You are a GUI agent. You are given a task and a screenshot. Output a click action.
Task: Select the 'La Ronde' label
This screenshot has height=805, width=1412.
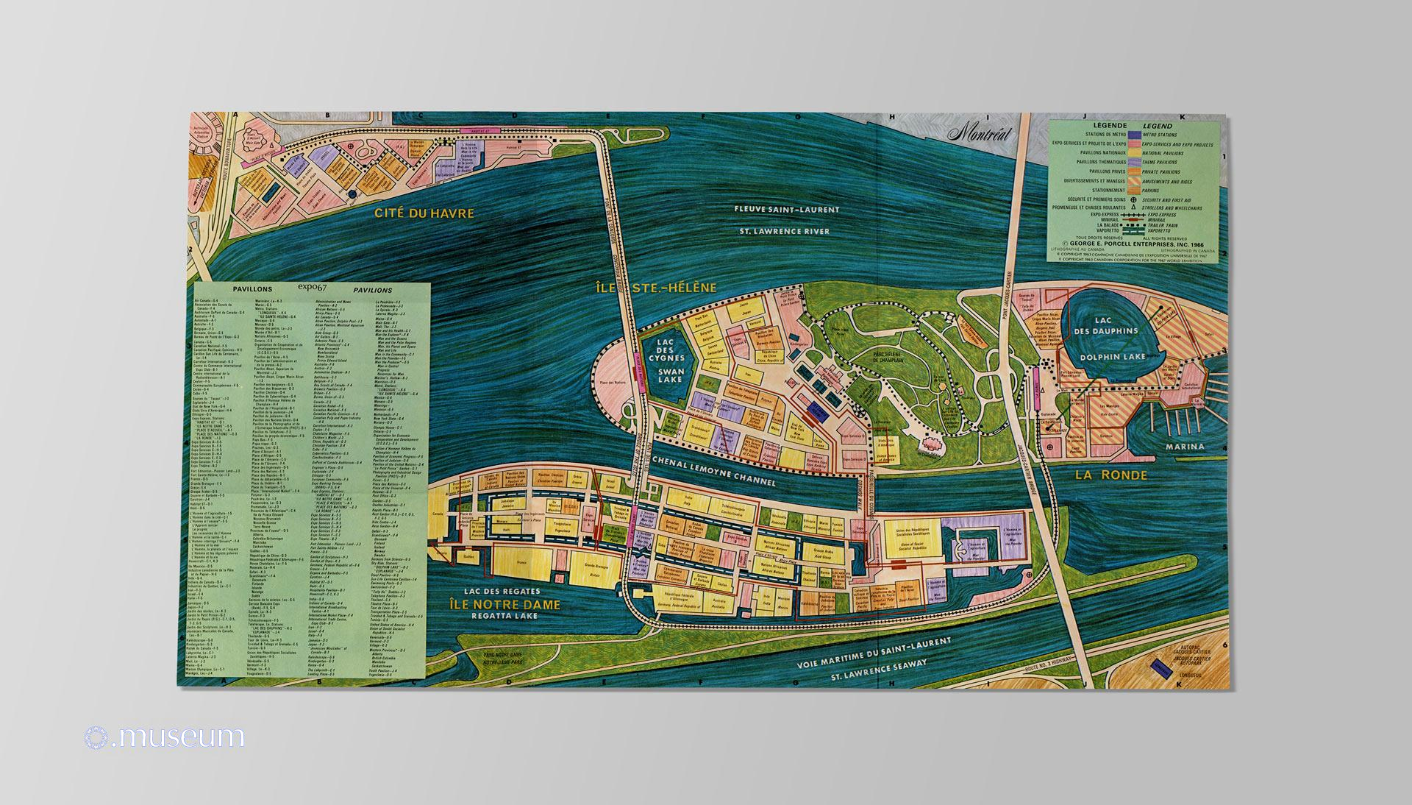(1110, 475)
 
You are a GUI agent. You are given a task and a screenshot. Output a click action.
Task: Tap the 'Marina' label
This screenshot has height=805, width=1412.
(1183, 446)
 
